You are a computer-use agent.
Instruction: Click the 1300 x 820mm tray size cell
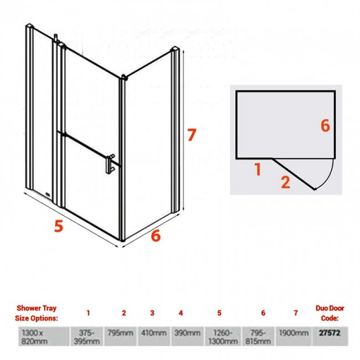tap(44, 336)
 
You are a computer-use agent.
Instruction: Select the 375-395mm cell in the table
tap(87, 336)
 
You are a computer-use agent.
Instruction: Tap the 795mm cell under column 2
tap(120, 336)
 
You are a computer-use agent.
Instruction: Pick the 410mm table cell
tap(154, 336)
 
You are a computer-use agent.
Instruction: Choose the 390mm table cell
tap(187, 336)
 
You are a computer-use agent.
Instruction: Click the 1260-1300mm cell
tap(223, 336)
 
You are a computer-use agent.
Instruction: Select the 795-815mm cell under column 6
tap(258, 336)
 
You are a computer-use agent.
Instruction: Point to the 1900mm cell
tap(294, 336)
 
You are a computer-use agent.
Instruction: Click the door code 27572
tap(330, 333)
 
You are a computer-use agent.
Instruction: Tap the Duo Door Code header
tap(330, 313)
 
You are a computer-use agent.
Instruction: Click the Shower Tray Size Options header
tap(37, 313)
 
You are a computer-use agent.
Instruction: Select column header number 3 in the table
tap(152, 313)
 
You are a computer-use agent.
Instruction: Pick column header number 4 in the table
tap(181, 313)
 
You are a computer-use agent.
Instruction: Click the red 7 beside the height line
tap(192, 135)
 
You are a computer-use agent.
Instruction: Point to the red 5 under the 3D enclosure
tap(59, 225)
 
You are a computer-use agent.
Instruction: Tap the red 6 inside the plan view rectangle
tap(325, 126)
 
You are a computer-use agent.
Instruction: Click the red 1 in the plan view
tap(258, 169)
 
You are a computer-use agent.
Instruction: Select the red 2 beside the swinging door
tap(285, 182)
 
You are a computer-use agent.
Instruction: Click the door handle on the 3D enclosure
tap(110, 164)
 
